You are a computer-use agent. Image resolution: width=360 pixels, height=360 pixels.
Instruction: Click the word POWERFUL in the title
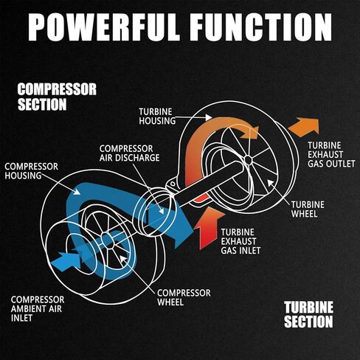(103, 27)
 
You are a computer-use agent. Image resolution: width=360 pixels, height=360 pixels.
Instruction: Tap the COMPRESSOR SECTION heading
(57, 97)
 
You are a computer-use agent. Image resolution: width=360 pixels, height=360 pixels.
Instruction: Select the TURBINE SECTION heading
(308, 314)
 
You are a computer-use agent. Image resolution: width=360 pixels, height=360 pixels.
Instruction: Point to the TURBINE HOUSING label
(157, 117)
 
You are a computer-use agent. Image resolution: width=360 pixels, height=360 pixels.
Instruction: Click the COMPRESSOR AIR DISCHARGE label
(129, 153)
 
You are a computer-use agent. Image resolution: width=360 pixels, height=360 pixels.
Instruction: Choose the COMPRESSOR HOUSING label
(31, 171)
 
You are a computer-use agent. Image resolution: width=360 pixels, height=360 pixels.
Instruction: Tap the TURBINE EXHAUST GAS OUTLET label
(331, 155)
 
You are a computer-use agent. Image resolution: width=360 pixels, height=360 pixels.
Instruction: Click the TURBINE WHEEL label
(308, 210)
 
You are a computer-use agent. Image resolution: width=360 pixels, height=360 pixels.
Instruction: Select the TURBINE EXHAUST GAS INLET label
(240, 241)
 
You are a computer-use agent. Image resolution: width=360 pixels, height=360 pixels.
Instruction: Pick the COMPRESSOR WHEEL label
(184, 297)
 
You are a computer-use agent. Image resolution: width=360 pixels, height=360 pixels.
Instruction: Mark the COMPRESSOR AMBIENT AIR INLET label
(38, 308)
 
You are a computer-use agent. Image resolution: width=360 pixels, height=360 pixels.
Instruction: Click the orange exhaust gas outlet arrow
(305, 127)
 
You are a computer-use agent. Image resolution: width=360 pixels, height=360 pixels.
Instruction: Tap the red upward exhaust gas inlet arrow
(209, 228)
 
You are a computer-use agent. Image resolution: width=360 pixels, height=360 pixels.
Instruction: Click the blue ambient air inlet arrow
(66, 262)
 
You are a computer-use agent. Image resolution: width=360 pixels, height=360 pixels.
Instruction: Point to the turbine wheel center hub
(248, 160)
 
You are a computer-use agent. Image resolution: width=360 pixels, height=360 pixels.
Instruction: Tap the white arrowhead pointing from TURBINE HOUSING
(208, 117)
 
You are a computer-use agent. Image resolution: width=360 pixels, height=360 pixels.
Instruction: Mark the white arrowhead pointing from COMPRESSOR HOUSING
(77, 192)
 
